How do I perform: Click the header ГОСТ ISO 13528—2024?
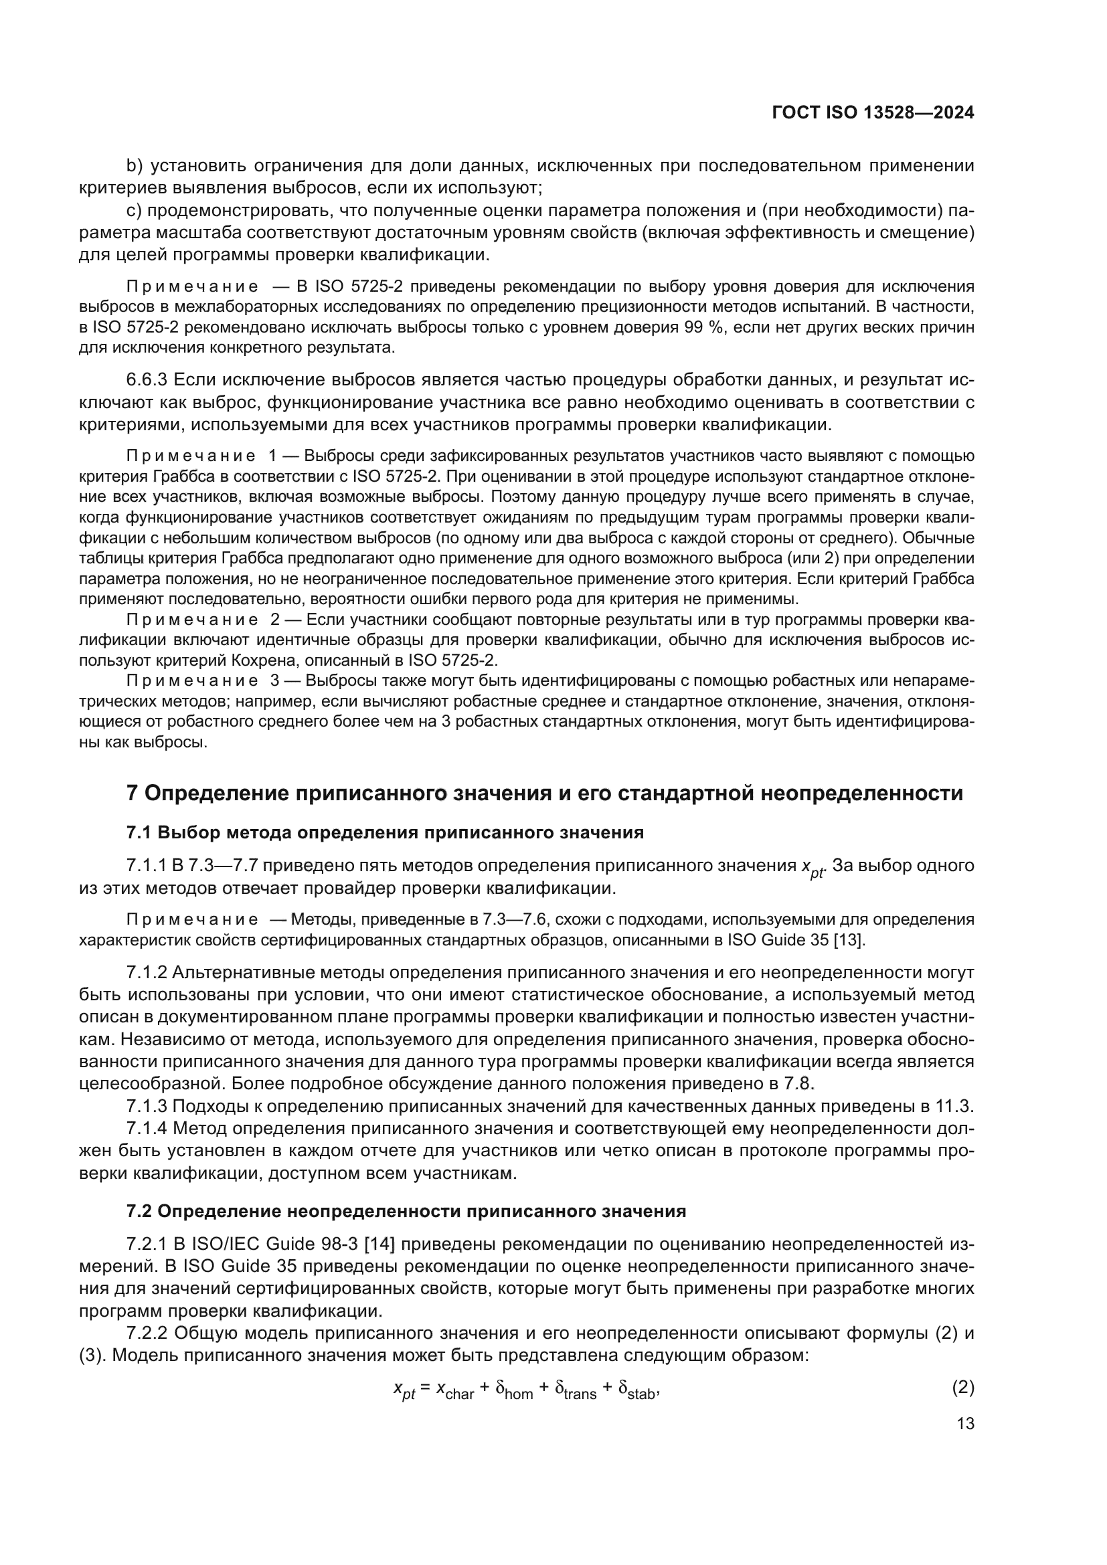pos(873,113)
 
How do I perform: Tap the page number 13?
pos(965,1423)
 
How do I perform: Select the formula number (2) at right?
pos(962,1386)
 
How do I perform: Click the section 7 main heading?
pos(545,794)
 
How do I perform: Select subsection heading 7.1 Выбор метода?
pos(385,832)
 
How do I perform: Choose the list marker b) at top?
pos(134,165)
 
